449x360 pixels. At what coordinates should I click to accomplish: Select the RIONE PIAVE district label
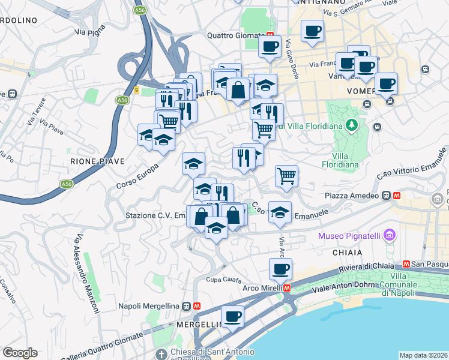click(x=97, y=161)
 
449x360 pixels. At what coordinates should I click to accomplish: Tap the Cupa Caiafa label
click(x=224, y=280)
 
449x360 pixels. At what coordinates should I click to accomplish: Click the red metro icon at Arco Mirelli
click(x=287, y=287)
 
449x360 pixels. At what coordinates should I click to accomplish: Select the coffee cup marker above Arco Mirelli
click(x=280, y=270)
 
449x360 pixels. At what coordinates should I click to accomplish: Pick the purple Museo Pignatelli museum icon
click(x=391, y=235)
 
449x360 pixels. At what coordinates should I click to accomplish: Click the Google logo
click(x=20, y=352)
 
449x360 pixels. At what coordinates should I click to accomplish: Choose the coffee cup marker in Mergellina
click(x=232, y=317)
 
